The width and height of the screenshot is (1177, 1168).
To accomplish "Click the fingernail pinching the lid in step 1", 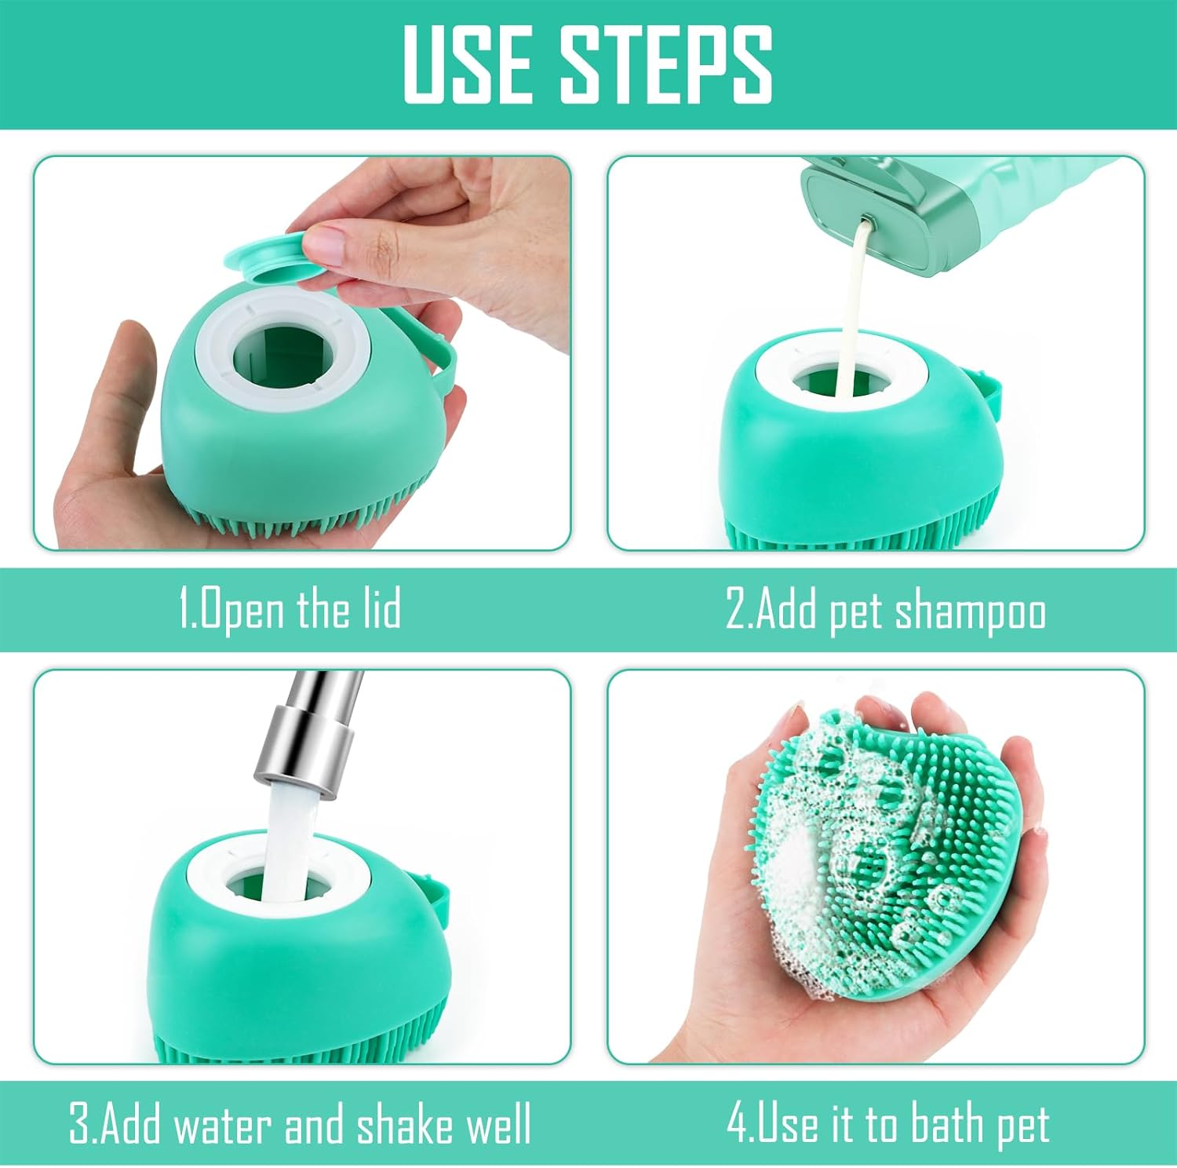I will point(325,244).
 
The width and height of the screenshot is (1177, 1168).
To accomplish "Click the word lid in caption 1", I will point(382,610).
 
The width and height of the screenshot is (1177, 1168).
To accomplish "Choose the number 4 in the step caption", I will point(737,1124).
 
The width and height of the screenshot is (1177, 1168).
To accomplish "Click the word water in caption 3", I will point(224,1125).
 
